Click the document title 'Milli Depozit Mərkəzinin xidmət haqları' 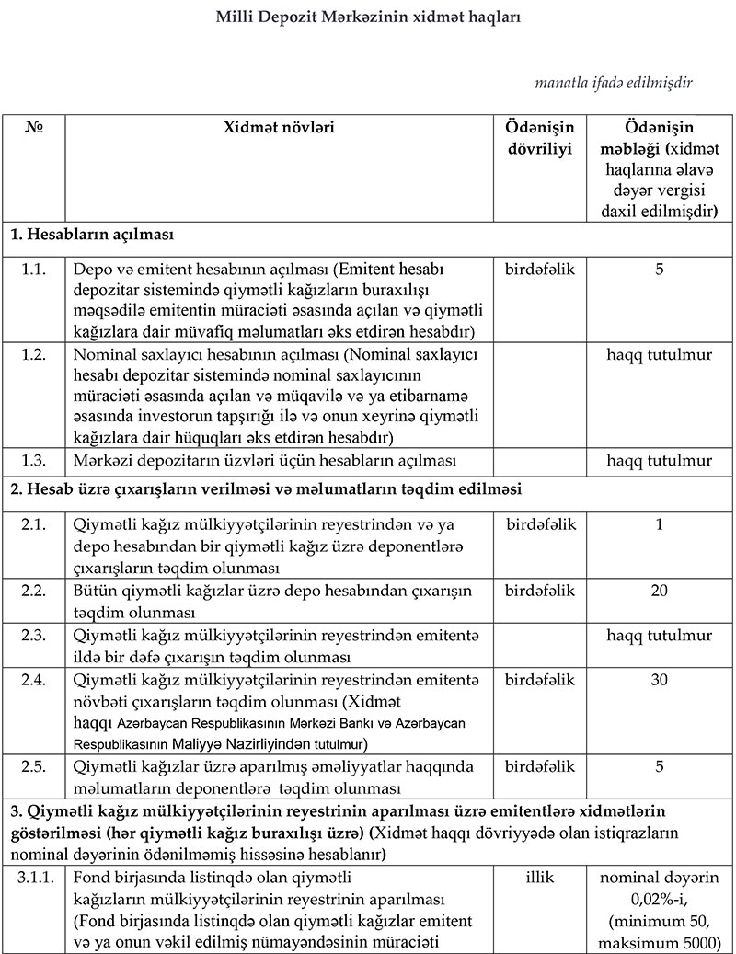(x=367, y=17)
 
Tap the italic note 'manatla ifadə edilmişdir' (x=613, y=83)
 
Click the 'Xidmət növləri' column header (x=280, y=127)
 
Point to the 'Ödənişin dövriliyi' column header (x=540, y=138)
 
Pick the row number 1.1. (x=34, y=270)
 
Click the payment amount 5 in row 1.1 (x=659, y=270)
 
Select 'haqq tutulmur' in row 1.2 (x=659, y=353)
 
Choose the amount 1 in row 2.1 (x=659, y=524)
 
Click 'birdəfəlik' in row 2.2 (x=540, y=590)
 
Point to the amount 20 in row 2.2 (x=659, y=590)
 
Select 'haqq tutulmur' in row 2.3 (x=659, y=635)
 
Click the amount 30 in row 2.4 (x=659, y=680)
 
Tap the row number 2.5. (x=34, y=765)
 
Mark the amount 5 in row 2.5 (x=659, y=765)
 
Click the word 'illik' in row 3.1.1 (x=540, y=878)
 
